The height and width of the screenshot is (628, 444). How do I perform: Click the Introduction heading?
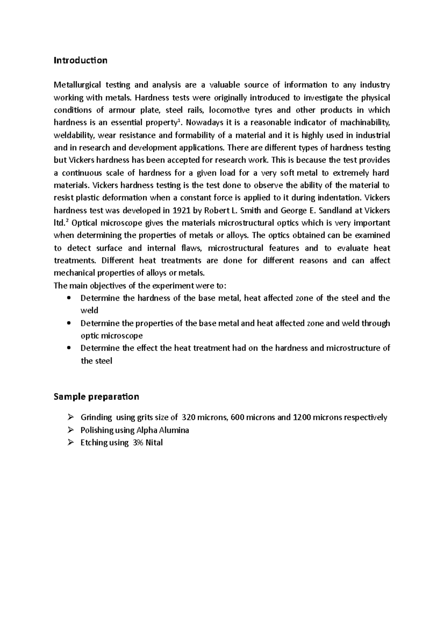[80, 60]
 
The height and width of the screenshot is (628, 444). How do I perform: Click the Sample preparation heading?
[96, 397]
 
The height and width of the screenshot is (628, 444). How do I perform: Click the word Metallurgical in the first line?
[77, 85]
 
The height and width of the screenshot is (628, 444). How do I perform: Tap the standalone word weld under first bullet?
[89, 311]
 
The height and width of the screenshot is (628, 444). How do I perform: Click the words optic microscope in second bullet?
[111, 336]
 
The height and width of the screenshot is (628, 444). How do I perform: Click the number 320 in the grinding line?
[188, 418]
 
